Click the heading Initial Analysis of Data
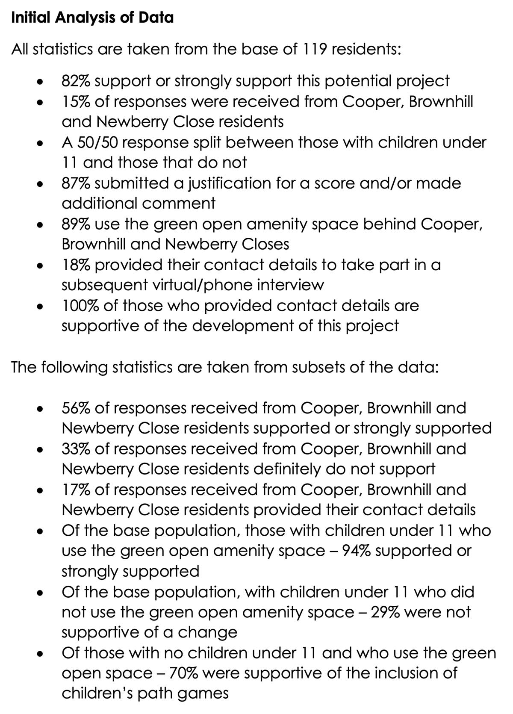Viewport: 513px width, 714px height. tap(92, 18)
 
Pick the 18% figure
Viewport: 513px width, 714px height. tap(76, 265)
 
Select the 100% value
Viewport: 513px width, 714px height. tap(80, 306)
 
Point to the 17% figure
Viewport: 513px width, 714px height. tap(76, 490)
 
